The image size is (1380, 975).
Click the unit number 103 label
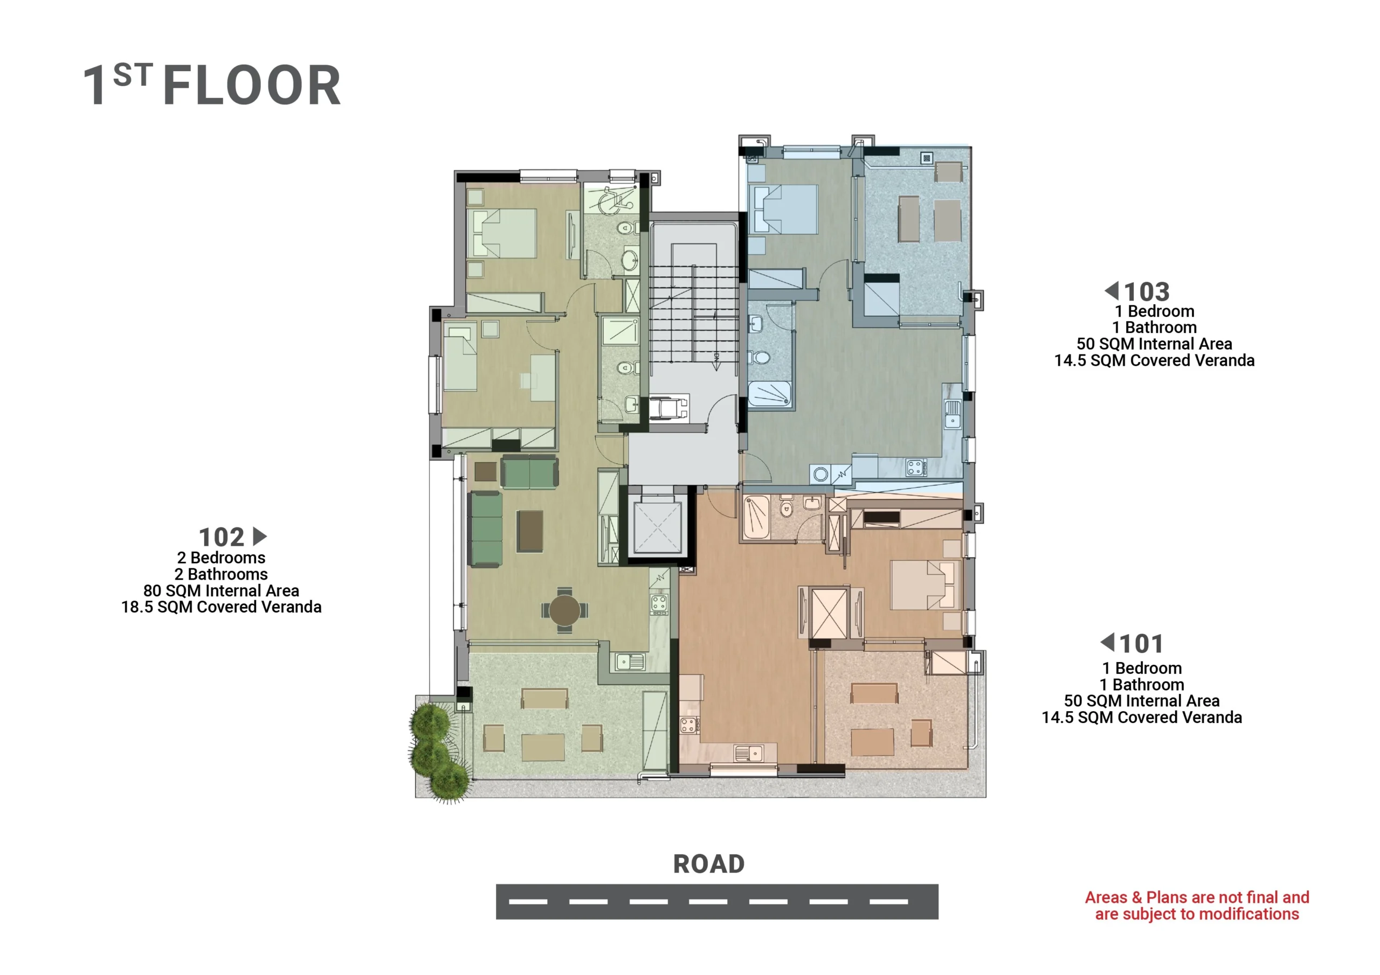tap(1146, 292)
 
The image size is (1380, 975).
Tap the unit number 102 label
tap(221, 537)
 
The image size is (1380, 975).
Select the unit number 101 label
tap(1141, 644)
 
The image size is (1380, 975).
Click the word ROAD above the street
tap(709, 864)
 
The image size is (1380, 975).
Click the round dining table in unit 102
tap(564, 610)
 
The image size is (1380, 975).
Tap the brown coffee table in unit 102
tap(530, 531)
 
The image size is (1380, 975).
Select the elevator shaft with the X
tap(657, 527)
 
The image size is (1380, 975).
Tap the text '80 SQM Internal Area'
tap(221, 591)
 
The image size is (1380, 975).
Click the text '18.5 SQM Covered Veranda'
tap(221, 607)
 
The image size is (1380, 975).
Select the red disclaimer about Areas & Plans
tap(1197, 906)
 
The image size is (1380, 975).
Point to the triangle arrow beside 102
tap(260, 536)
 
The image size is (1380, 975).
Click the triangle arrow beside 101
tap(1107, 642)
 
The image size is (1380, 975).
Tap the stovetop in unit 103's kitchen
tap(915, 468)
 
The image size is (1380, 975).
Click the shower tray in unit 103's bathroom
tap(769, 394)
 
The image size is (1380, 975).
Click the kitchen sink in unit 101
tap(749, 753)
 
